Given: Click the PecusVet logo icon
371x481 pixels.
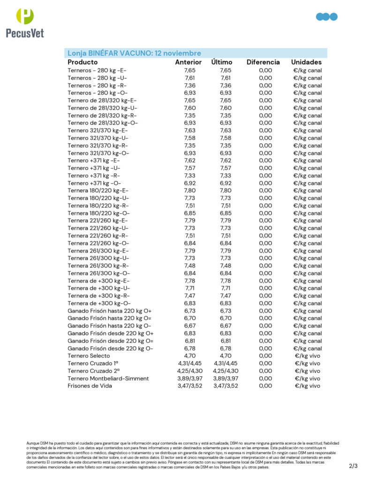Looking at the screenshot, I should (25, 16).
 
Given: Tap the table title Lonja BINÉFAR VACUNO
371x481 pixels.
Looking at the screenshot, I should (134, 53).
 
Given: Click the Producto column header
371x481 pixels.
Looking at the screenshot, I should (83, 62).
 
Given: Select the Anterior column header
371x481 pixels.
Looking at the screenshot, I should (188, 62).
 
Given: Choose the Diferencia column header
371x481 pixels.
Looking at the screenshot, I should (263, 62).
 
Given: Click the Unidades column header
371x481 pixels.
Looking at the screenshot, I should (306, 62).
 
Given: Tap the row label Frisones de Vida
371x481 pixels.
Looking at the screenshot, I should (90, 386).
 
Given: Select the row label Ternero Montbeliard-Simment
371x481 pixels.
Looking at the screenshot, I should (108, 379).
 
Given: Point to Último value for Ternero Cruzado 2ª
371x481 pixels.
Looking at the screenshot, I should (226, 371).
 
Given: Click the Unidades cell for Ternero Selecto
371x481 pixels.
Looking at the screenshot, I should (307, 356).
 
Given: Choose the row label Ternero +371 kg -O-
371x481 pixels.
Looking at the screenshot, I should (94, 183).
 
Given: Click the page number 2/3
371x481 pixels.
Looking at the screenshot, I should (353, 466).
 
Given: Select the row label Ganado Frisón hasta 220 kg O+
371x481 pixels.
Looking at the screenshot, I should (109, 311).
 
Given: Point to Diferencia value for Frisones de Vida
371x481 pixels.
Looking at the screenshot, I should (265, 386).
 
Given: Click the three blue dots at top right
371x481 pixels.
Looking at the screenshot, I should (326, 17).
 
